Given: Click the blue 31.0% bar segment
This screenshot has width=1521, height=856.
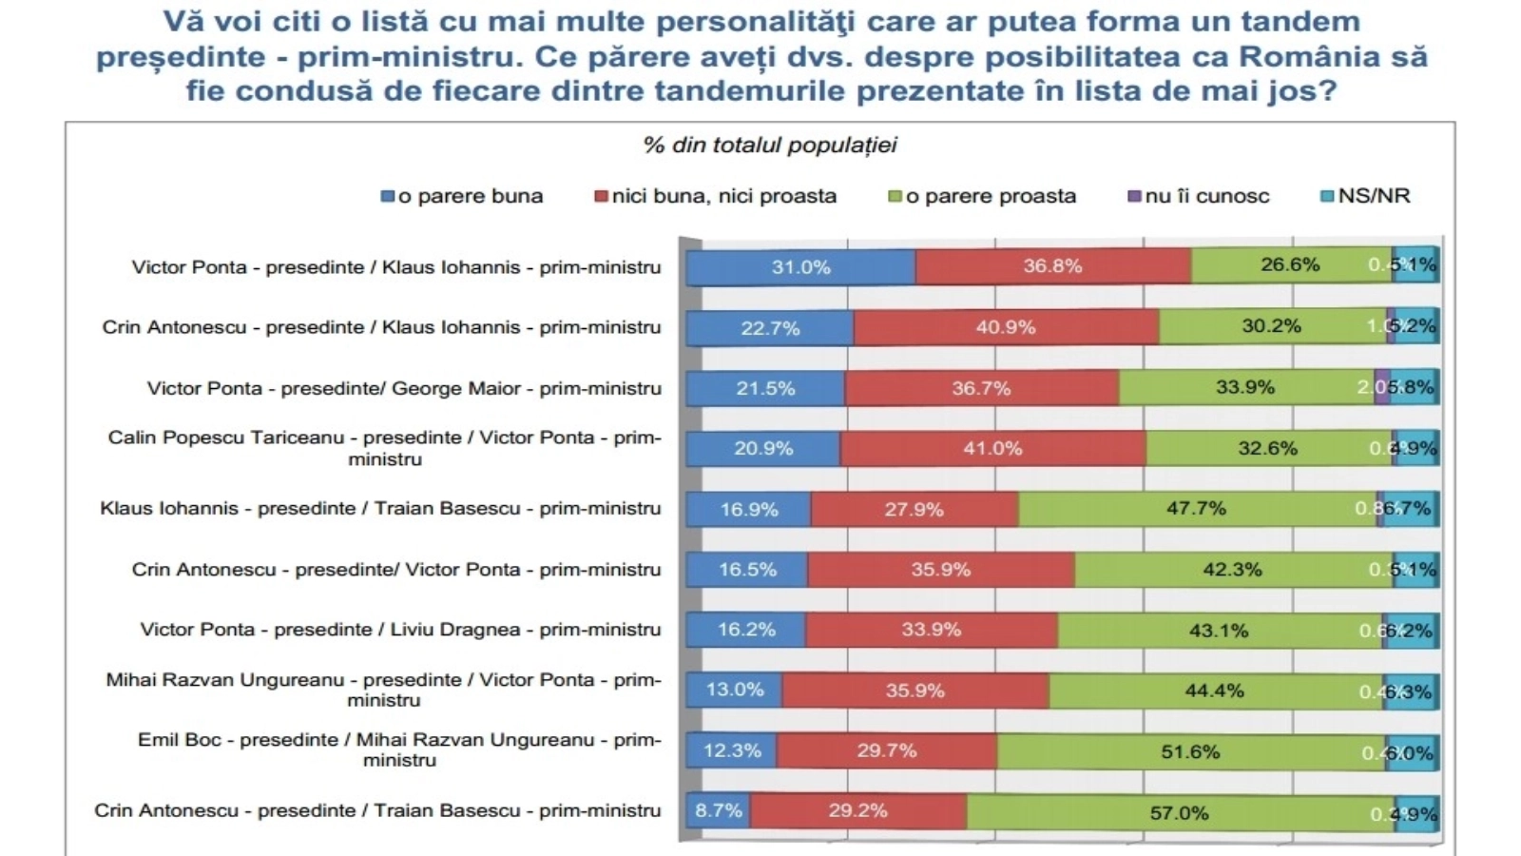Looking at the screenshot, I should pos(800,267).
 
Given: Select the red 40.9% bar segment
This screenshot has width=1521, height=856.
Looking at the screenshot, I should pos(1006,327).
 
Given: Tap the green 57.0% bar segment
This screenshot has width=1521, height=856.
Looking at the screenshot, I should pos(1180,813).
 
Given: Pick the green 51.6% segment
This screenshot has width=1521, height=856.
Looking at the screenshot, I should pos(1190,752).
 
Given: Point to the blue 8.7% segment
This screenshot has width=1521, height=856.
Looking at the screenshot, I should pos(719,811).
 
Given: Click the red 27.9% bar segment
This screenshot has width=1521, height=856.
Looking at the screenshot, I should pos(914,510).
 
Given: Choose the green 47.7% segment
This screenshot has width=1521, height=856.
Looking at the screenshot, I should pos(1196,509).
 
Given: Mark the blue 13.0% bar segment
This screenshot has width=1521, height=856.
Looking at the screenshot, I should pos(734,691).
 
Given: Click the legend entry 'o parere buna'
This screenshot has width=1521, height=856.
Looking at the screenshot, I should pos(462,197).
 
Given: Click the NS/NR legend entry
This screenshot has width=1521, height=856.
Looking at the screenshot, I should pos(1365,197).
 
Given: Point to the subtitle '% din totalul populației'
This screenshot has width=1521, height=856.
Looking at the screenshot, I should pos(770,146).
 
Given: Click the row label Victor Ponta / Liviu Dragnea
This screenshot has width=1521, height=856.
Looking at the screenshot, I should pos(400,630).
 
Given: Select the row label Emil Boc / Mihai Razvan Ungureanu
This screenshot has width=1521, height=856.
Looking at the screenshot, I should pos(399,749).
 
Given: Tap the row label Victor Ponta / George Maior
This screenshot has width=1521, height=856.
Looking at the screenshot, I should pos(404,388).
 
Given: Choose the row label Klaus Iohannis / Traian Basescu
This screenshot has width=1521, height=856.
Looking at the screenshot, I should pos(380,509).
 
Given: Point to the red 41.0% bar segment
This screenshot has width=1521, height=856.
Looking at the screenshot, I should pos(992,449).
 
